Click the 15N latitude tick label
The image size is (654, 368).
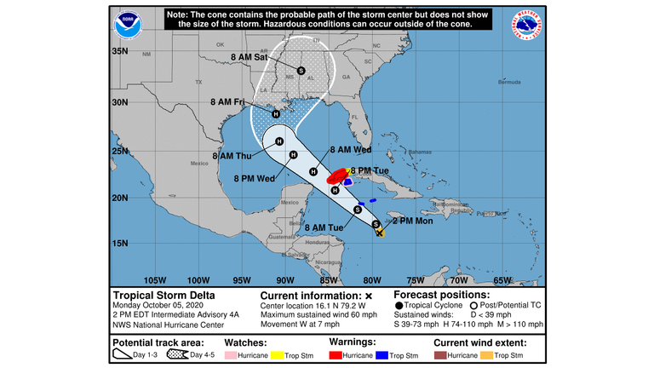(119, 243)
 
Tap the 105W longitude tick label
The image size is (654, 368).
(154, 280)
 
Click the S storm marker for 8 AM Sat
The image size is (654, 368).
(301, 70)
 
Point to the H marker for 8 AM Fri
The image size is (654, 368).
(276, 114)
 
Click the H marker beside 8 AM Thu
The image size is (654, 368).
(292, 154)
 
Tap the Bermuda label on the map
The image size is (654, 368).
(508, 83)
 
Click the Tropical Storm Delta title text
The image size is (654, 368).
(164, 296)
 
